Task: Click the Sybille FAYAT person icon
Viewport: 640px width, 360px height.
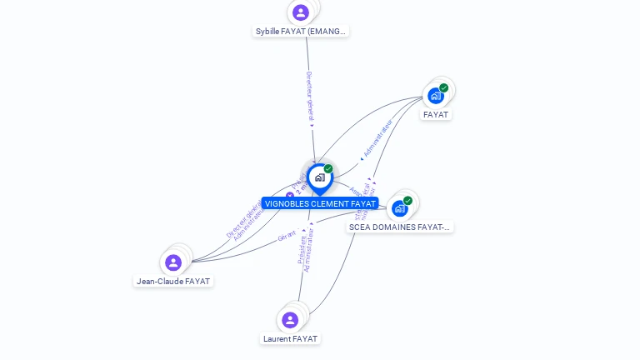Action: [x=301, y=12]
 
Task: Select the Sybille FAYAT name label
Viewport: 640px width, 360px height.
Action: [x=301, y=32]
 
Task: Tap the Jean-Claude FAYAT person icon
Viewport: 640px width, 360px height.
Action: [x=173, y=262]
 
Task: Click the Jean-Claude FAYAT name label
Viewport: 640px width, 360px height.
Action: [x=173, y=282]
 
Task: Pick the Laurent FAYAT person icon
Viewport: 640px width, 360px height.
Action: [x=290, y=320]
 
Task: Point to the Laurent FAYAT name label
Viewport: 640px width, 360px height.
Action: [x=290, y=339]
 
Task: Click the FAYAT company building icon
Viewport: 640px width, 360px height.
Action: [x=435, y=96]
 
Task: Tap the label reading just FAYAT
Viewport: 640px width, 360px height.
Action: [x=436, y=115]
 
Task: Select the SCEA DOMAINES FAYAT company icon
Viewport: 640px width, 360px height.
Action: [x=399, y=208]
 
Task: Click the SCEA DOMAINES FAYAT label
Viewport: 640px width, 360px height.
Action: [x=399, y=227]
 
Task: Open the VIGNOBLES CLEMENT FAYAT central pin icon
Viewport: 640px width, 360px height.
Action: [x=319, y=177]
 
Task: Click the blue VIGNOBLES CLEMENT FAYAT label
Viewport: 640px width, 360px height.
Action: [x=320, y=204]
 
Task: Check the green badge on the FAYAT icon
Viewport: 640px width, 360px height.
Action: [x=444, y=87]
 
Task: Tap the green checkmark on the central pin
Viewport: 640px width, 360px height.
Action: [x=328, y=169]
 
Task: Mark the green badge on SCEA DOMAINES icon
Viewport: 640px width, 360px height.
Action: [x=407, y=200]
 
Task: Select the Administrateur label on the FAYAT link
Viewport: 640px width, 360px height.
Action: [x=377, y=138]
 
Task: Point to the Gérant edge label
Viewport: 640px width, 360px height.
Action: [x=287, y=236]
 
